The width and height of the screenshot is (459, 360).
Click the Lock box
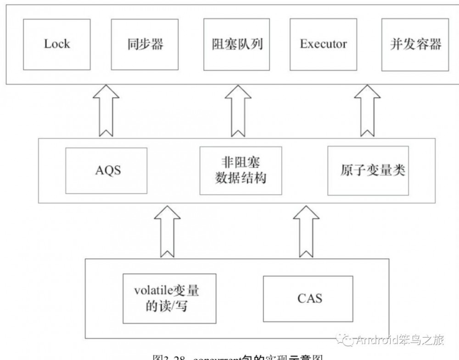(56, 45)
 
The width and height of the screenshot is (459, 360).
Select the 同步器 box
(146, 45)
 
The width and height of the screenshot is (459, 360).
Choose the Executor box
(324, 45)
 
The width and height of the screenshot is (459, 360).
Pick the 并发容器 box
(415, 45)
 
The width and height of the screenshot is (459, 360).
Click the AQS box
(106, 170)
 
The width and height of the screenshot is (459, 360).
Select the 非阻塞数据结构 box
(241, 170)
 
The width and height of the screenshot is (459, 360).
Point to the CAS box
(308, 298)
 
